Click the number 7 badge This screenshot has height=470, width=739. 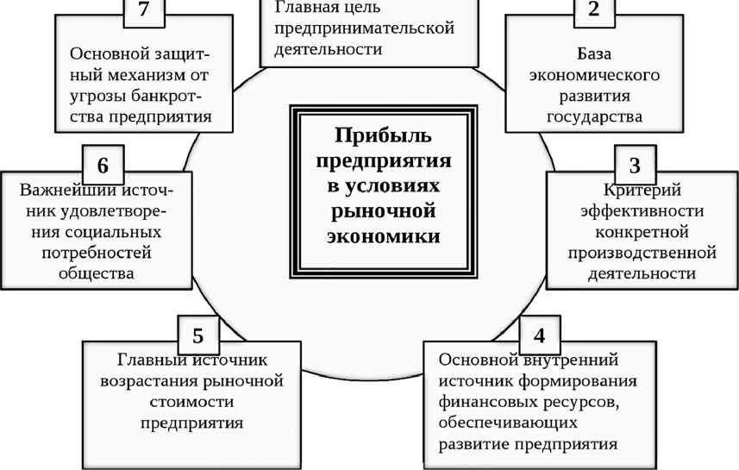click(143, 12)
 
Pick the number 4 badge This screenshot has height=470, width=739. click(539, 333)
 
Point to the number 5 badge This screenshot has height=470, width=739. click(197, 333)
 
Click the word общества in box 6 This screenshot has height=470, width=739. click(96, 273)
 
